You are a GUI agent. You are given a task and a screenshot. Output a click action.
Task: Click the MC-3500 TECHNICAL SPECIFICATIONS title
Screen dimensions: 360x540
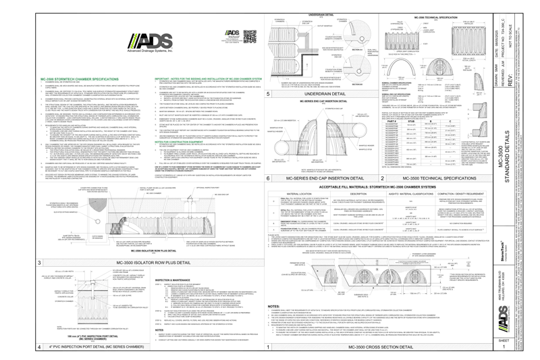pos(439,178)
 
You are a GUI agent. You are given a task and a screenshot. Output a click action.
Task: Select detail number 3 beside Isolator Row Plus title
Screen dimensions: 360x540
pos(39,262)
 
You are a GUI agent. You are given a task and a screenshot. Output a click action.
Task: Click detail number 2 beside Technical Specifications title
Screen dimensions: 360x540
pos(383,178)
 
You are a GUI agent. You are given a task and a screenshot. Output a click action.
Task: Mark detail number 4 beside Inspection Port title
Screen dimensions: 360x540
pos(39,346)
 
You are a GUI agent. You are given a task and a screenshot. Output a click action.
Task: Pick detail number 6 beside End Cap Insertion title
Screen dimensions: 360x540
pos(268,178)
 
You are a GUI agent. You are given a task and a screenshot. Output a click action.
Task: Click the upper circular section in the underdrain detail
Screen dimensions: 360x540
pos(358,32)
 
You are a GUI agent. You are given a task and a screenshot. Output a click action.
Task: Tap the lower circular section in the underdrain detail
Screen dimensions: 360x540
pos(358,68)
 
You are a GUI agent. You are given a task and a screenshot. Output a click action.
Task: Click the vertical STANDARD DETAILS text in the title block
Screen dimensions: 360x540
pos(508,146)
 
